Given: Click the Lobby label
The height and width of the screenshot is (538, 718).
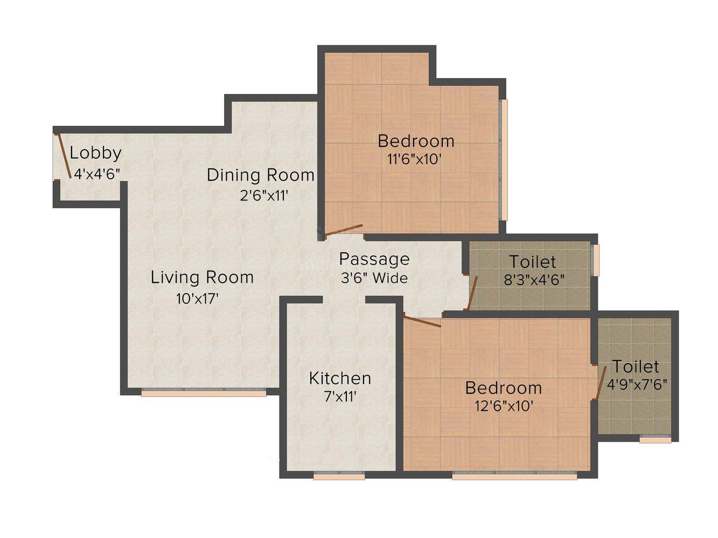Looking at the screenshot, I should click(95, 153).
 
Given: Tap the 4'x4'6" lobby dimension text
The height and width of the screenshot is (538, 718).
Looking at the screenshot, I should click(96, 174).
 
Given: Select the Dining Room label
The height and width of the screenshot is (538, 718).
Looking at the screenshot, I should click(261, 175).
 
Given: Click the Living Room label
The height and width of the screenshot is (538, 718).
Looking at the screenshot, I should click(202, 278).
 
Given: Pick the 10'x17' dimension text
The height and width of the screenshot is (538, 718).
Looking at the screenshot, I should click(197, 299).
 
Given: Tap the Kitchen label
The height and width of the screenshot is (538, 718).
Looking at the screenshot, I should click(340, 378).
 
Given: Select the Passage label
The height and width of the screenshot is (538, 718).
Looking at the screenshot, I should click(374, 259).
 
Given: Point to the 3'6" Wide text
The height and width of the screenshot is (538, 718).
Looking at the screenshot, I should click(374, 279).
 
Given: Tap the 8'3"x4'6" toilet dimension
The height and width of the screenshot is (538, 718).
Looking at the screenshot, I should click(533, 280).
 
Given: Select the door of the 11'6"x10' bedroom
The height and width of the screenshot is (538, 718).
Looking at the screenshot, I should click(344, 230).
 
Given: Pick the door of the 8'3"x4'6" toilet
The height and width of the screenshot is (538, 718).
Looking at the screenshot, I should click(472, 293).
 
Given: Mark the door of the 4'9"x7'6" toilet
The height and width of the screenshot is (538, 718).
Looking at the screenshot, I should click(601, 383).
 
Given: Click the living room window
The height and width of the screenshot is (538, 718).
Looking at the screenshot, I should click(204, 393).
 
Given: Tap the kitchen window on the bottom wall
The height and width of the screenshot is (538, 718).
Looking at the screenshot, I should click(339, 476).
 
